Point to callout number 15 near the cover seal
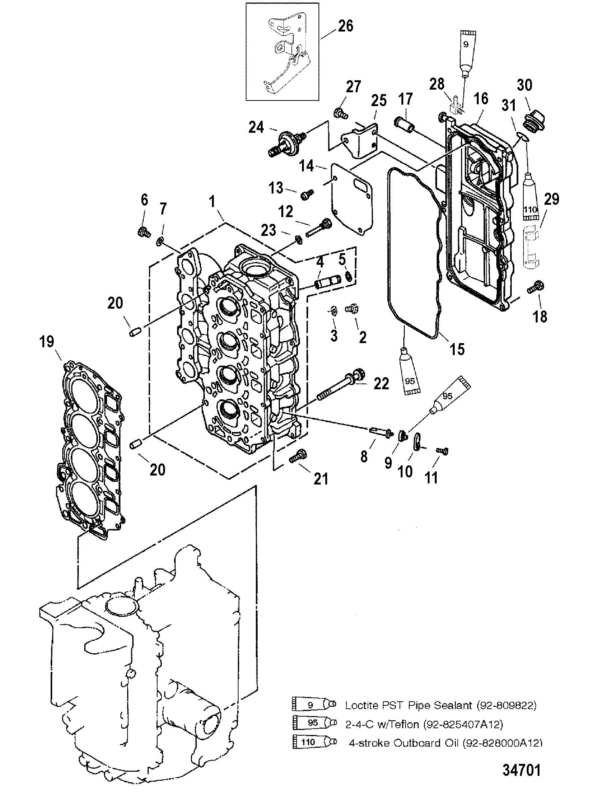point(457,349)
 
